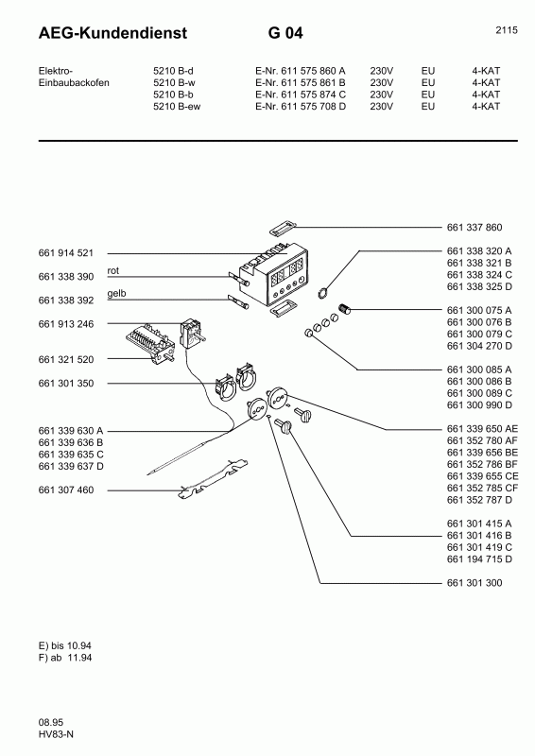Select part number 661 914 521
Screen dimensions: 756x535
[65, 254]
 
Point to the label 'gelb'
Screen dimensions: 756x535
[116, 294]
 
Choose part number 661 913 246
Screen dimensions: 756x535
[65, 324]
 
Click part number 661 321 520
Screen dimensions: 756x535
[65, 360]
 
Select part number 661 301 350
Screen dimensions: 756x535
[65, 384]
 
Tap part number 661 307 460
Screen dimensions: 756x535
[65, 490]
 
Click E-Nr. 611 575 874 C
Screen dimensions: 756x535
[301, 94]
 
